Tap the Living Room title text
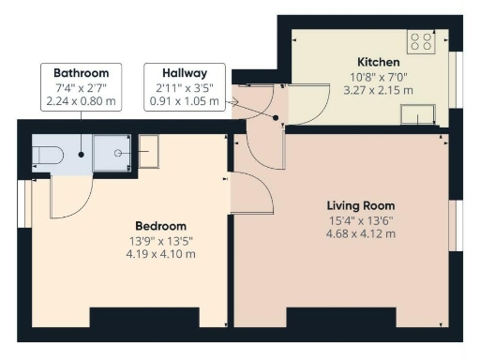tap(360, 205)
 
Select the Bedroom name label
tap(160, 226)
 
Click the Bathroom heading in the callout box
tap(81, 73)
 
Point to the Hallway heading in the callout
tap(184, 73)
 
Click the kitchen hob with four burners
tap(421, 41)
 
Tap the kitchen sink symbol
tap(418, 114)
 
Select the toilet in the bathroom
tap(47, 152)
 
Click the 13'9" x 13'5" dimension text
tap(160, 241)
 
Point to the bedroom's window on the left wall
tap(23, 203)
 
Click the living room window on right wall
tap(455, 226)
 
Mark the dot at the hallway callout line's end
tap(276, 118)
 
